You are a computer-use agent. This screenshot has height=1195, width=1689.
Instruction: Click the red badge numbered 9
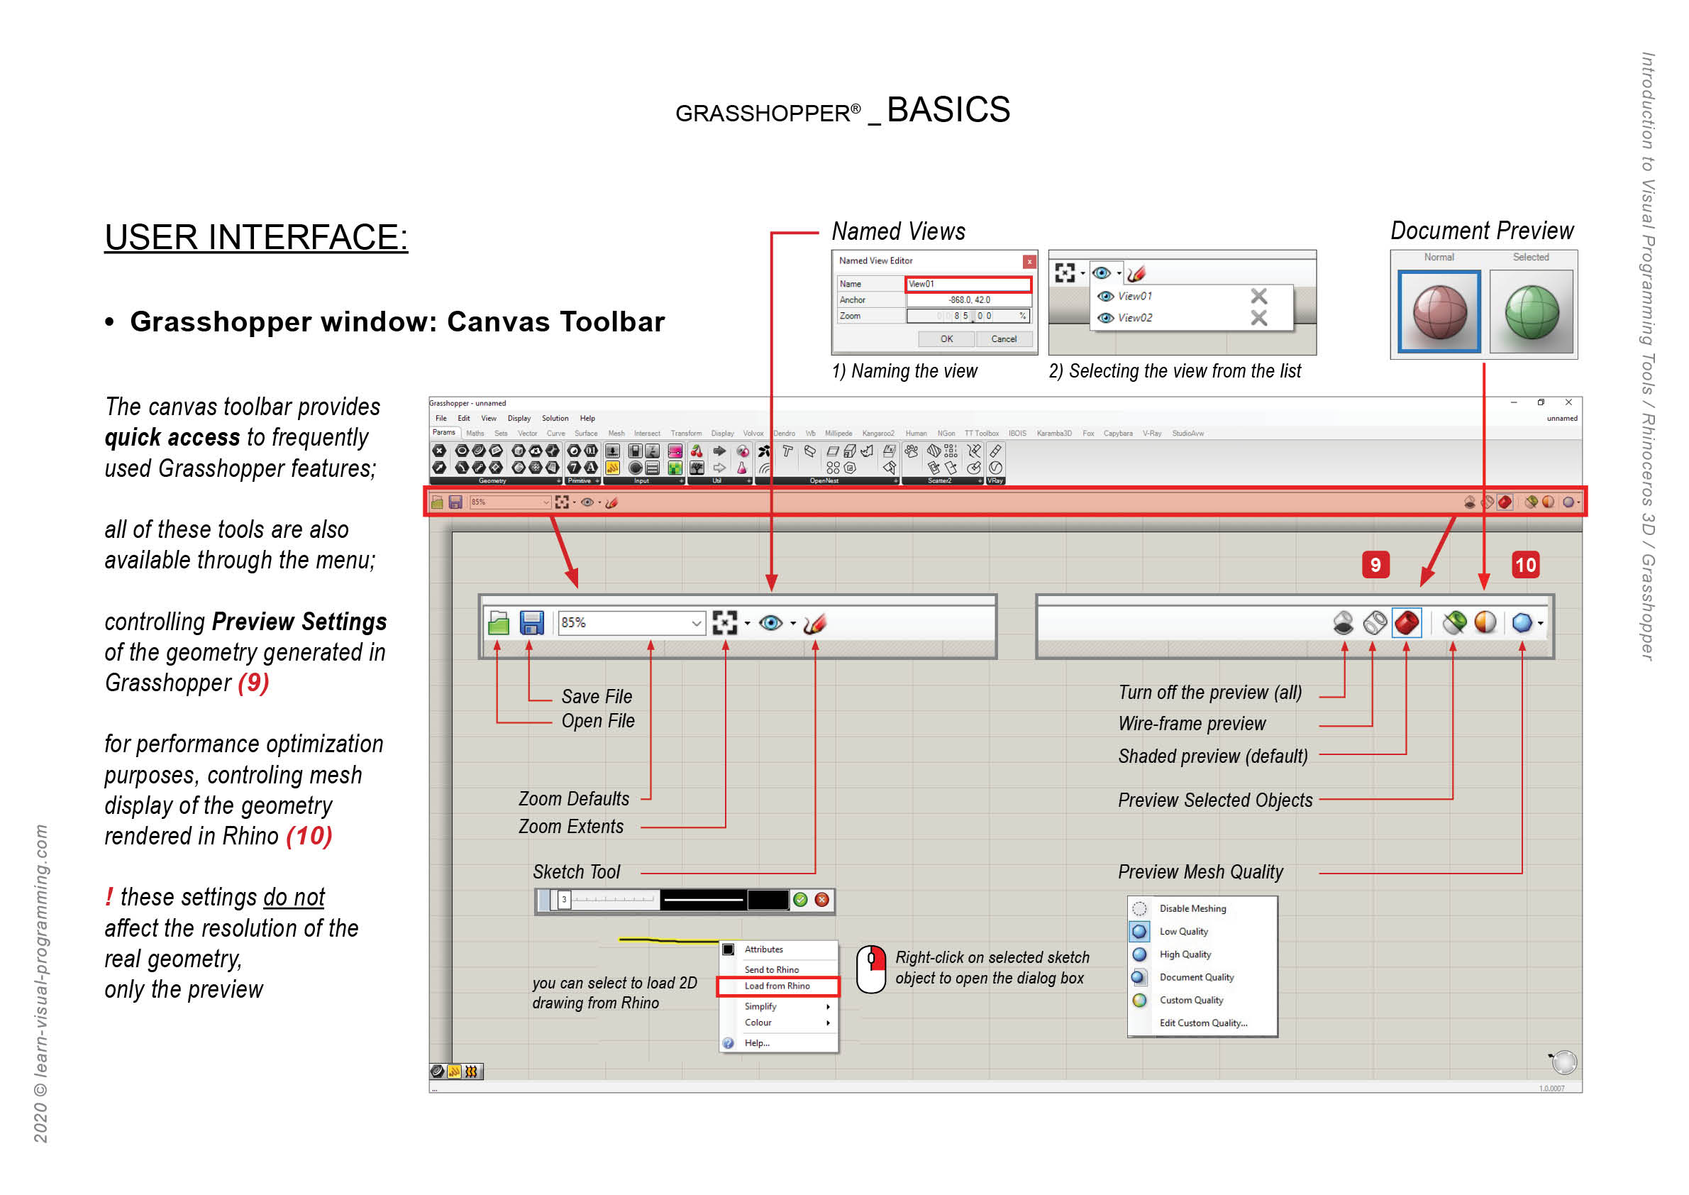1375,565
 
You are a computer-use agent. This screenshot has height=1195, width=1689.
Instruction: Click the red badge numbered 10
1525,565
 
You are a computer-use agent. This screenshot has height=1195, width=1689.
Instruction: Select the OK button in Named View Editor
946,339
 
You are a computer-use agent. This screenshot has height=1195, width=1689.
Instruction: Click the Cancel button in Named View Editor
1003,339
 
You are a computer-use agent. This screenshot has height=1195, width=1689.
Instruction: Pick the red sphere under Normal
1439,312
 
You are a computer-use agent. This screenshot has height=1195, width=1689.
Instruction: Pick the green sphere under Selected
1531,312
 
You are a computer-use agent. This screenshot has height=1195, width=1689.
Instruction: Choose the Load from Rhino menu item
777,986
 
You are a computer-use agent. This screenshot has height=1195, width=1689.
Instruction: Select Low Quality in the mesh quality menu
1183,932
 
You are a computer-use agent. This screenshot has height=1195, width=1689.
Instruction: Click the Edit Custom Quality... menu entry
1203,1023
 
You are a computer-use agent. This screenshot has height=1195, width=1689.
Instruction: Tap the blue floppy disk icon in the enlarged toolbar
531,622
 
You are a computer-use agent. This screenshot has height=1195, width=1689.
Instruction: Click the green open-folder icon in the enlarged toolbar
499,623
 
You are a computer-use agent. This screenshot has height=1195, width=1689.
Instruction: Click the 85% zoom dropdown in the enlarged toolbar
631,623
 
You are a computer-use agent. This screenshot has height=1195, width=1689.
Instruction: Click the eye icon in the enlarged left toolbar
770,623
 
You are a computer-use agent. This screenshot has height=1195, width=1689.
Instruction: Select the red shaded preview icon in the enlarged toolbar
1406,623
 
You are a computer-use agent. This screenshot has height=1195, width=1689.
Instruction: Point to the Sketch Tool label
576,872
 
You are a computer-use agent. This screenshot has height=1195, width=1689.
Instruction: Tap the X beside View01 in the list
1258,296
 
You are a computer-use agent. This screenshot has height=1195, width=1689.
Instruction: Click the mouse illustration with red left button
871,969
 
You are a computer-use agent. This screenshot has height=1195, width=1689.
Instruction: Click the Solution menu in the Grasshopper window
555,418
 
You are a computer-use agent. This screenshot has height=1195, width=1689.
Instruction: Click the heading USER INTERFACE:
256,238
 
